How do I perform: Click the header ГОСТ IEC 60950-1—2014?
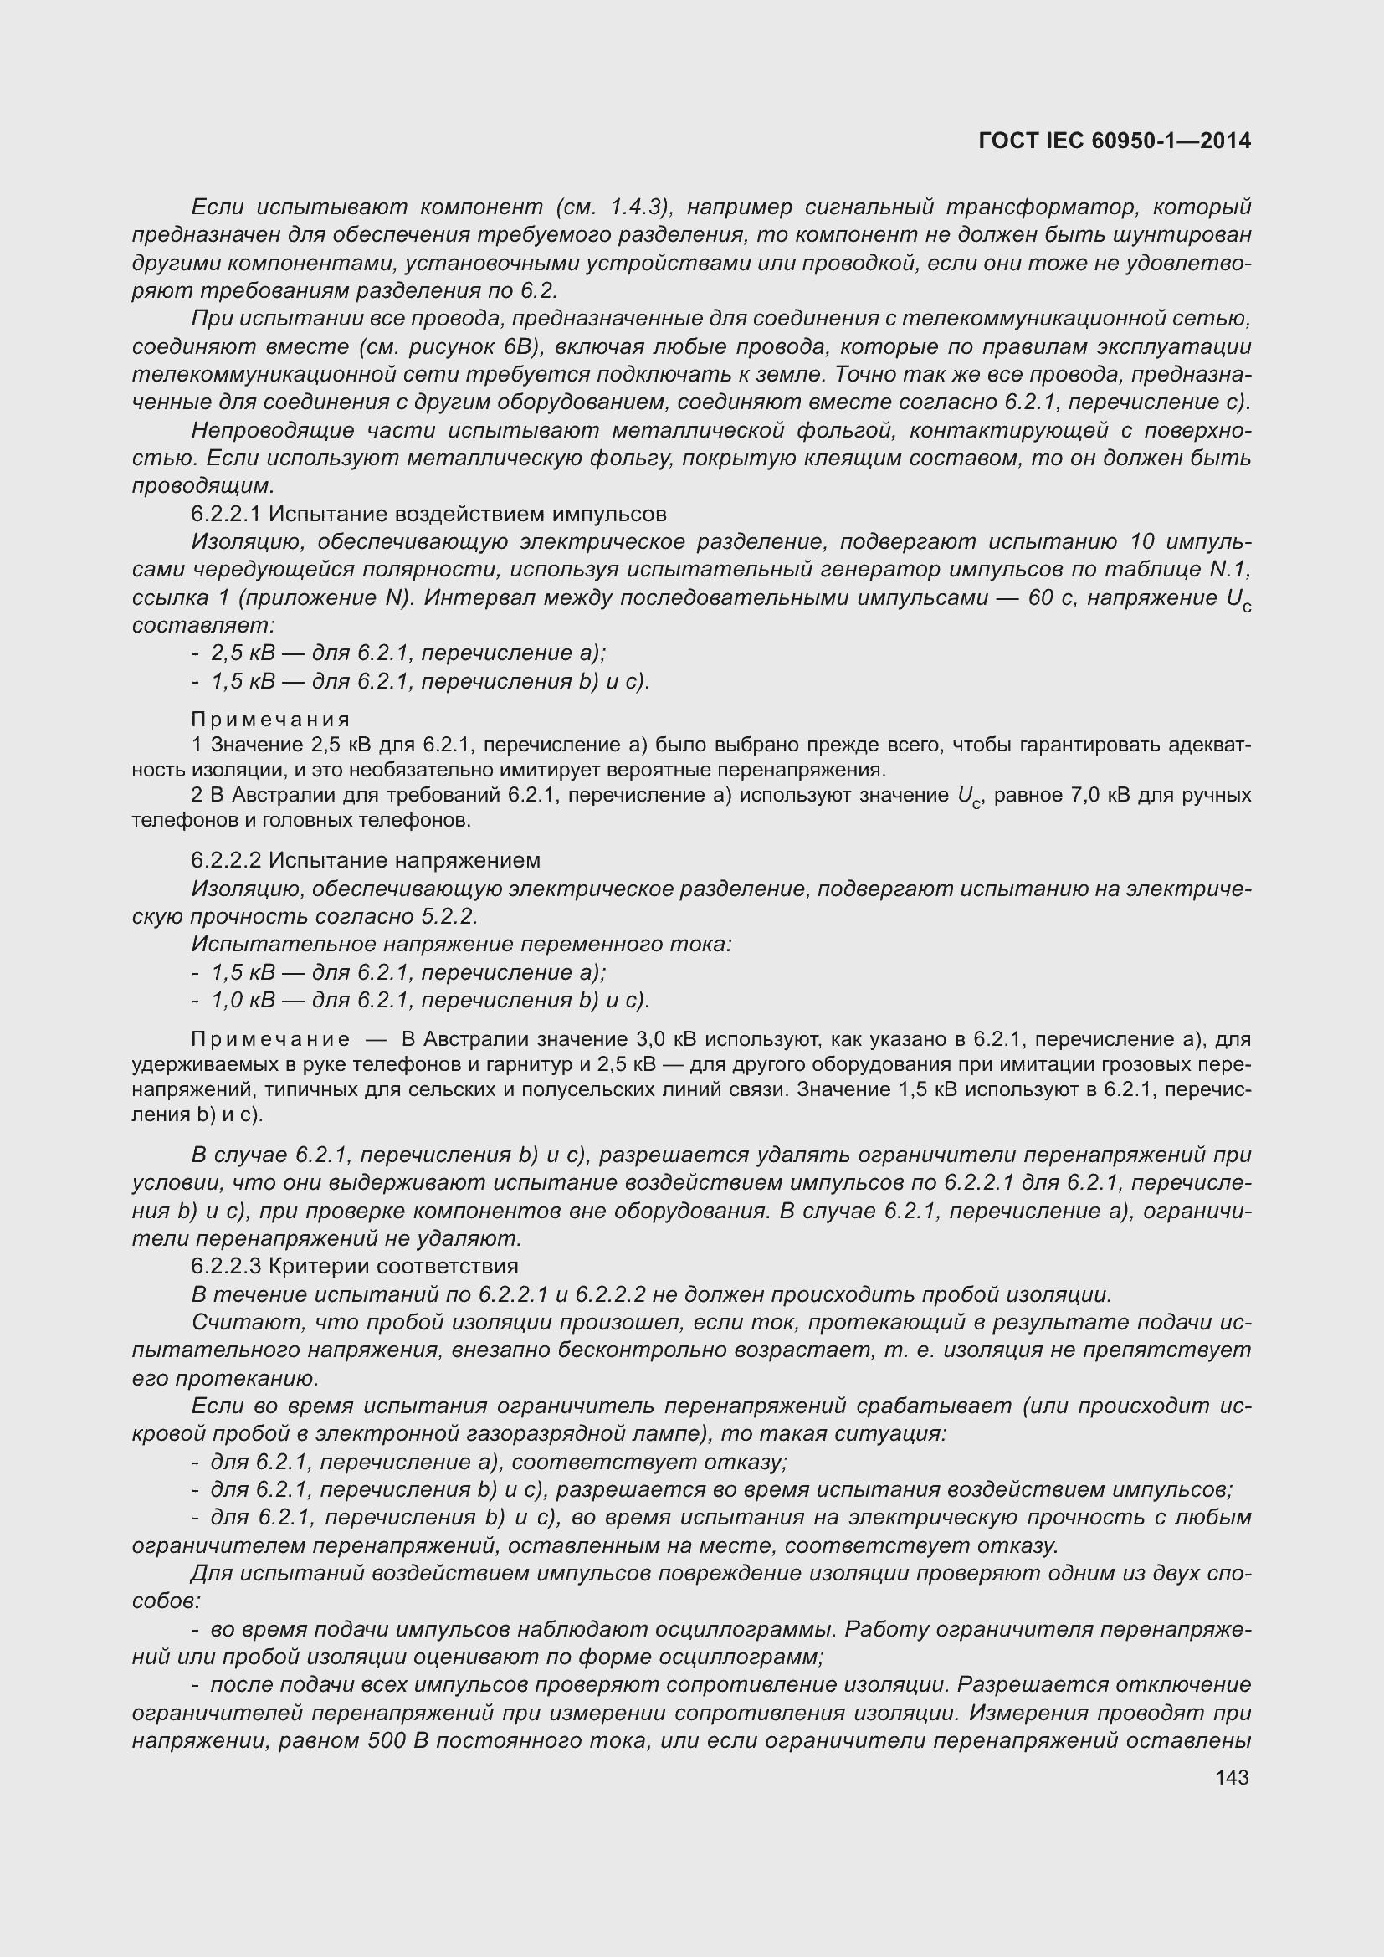point(1115,141)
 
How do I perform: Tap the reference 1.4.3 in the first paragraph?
point(635,207)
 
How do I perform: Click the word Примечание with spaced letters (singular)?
point(270,1039)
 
